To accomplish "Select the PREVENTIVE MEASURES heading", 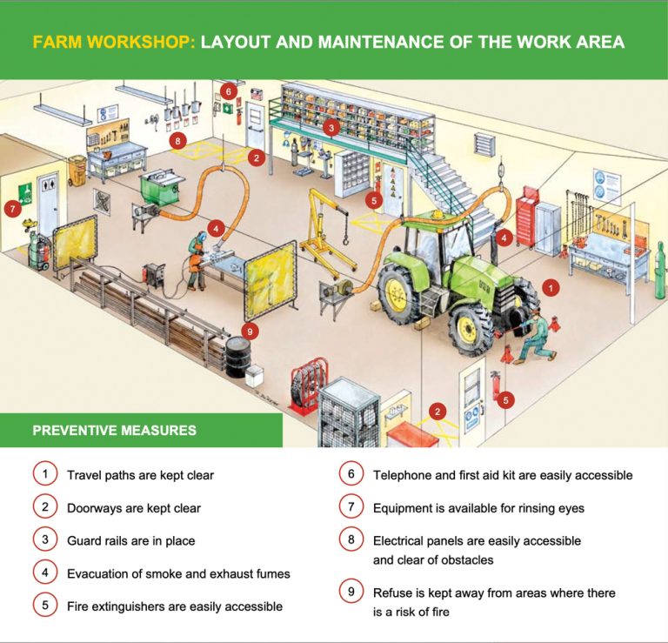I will (x=114, y=430).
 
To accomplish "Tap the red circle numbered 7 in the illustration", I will (x=12, y=208).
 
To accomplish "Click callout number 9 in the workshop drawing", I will (x=250, y=331).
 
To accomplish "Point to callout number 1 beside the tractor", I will (x=549, y=285).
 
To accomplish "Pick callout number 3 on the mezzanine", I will (x=331, y=128).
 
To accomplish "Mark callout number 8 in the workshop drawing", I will (x=178, y=139).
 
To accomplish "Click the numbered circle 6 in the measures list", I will (x=351, y=474).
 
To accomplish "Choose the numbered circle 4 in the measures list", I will (x=44, y=573).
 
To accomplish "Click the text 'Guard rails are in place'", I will (x=130, y=540).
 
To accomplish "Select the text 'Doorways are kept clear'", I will (x=133, y=507).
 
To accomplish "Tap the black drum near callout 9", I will (x=237, y=357).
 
